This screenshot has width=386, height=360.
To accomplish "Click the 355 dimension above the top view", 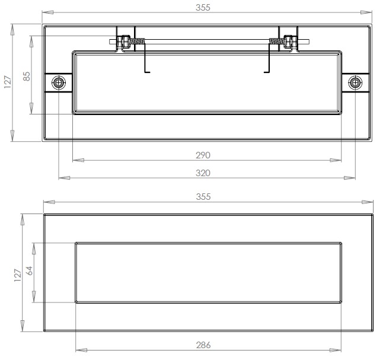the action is pyautogui.click(x=203, y=8).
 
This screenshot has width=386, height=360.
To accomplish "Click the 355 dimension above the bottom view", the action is pyautogui.click(x=203, y=197).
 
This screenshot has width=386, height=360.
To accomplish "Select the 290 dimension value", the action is pyautogui.click(x=203, y=155).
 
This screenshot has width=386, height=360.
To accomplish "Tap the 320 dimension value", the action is pyautogui.click(x=203, y=173).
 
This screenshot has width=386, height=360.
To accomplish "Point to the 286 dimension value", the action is pyautogui.click(x=203, y=345).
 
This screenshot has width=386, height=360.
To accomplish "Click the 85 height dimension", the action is pyautogui.click(x=27, y=77).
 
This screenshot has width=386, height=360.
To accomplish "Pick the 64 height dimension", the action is pyautogui.click(x=29, y=271).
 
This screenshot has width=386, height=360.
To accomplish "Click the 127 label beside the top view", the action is pyautogui.click(x=8, y=82).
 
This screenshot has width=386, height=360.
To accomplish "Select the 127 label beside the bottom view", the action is pyautogui.click(x=18, y=275).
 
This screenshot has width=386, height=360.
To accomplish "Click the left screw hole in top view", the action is pyautogui.click(x=59, y=83).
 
